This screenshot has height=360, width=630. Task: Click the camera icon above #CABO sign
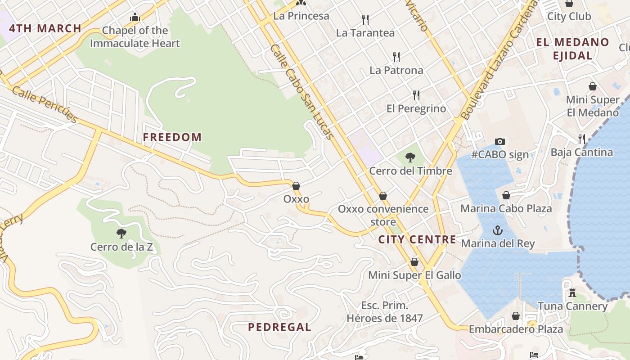[499, 142]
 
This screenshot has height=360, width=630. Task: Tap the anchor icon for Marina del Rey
[497, 230]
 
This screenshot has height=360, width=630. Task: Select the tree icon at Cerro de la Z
[121, 233]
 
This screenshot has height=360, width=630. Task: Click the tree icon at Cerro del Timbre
[410, 157]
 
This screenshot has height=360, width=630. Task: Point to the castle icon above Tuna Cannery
[572, 293]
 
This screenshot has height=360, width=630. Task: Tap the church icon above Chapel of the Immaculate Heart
[135, 18]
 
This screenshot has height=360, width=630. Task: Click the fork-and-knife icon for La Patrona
[396, 57]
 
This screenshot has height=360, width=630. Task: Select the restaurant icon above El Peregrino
[416, 95]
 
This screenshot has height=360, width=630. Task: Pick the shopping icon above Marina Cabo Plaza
[506, 195]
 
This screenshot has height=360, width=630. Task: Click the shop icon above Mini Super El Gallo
[414, 262]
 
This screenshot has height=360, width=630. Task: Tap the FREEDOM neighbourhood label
[172, 137]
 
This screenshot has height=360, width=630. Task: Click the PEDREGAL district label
[279, 327]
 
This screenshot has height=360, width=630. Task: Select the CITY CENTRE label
[417, 239]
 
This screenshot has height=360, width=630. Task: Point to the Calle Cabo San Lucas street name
[302, 92]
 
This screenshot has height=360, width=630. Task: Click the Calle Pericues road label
[45, 104]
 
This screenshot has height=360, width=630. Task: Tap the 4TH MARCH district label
[45, 28]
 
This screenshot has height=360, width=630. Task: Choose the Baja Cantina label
[581, 152]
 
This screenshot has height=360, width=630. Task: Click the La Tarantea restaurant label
[365, 33]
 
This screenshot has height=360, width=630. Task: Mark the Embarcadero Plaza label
[516, 329]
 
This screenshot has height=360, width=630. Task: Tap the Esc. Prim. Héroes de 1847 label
[385, 312]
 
